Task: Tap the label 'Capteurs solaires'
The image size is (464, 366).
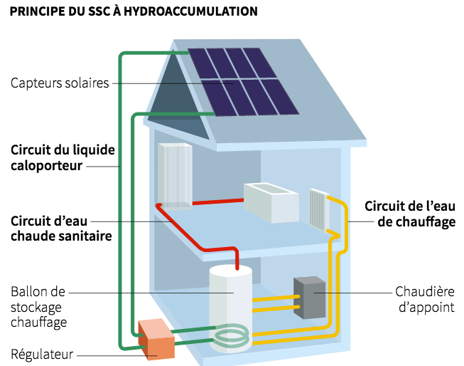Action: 60,83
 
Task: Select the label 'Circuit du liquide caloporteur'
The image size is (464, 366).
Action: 62,158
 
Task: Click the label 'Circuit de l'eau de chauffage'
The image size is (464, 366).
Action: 409,214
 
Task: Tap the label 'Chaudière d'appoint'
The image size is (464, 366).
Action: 424,300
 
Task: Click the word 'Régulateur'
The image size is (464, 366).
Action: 42,354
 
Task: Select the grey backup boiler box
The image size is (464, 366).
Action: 309,297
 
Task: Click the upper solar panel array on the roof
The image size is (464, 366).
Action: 233,63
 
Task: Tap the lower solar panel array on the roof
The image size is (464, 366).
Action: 249,97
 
